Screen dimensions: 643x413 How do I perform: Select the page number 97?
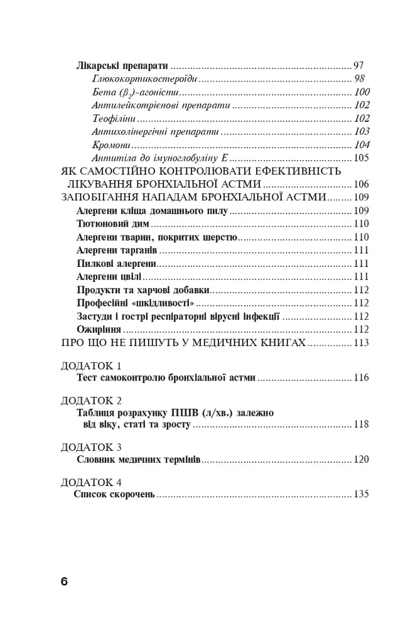pyautogui.click(x=358, y=65)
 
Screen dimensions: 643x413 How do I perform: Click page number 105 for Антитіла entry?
pyautogui.click(x=361, y=158)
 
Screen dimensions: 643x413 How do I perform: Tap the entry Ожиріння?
pyautogui.click(x=99, y=329)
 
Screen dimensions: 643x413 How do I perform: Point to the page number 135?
pyautogui.click(x=361, y=494)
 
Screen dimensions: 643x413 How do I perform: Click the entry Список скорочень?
pyautogui.click(x=114, y=494)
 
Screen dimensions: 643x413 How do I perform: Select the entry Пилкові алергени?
pyautogui.click(x=116, y=263)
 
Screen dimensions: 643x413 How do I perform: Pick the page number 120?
pyautogui.click(x=361, y=460)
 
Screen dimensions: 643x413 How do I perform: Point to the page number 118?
pyautogui.click(x=361, y=425)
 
